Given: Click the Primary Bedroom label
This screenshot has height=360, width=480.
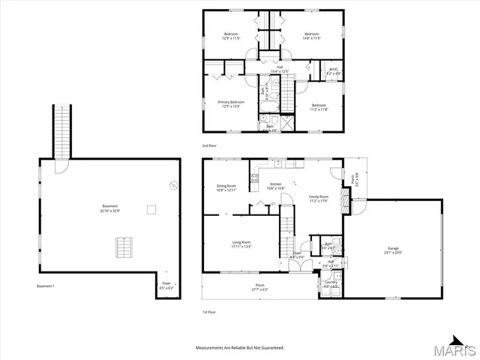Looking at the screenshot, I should click(230, 103).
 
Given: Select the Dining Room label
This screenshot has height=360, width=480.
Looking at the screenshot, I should click(226, 187).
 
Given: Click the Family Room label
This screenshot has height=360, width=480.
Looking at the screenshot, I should click(319, 198).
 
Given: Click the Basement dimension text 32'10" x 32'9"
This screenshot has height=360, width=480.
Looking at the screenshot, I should click(110, 211).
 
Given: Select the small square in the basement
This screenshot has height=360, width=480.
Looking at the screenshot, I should click(150, 209).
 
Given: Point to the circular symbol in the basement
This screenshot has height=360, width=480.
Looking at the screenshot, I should click(174, 186).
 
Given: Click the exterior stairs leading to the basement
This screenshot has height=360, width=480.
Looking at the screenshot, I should click(60, 130).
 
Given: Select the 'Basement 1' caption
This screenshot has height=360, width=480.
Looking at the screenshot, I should click(46, 286).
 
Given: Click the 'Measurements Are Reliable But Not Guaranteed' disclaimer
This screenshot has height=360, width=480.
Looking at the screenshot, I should click(239, 348).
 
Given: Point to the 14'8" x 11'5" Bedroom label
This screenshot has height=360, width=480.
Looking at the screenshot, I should click(311, 37).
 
